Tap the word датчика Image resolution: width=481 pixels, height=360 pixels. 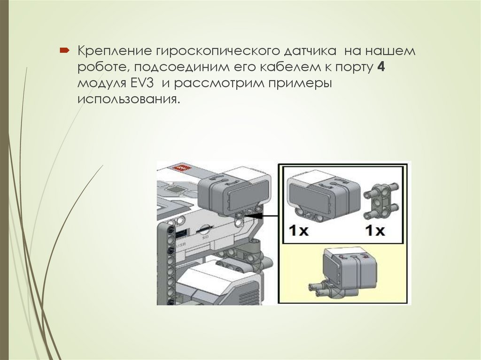point(310,51)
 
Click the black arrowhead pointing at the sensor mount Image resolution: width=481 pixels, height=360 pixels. point(255,215)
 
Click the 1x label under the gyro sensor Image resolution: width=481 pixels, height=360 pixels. point(298,230)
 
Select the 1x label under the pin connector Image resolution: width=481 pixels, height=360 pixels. point(374,230)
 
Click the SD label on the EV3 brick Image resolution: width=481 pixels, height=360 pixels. point(203,237)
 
